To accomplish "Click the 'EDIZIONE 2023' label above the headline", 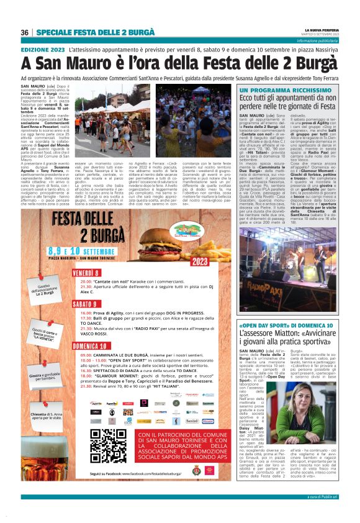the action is pyautogui.click(x=42, y=48).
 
